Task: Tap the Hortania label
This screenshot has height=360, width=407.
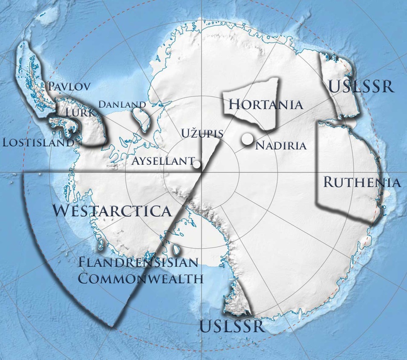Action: (266, 104)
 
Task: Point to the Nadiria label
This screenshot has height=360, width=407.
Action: (280, 146)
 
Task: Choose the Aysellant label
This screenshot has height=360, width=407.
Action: (163, 161)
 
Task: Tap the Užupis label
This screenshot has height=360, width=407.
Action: (202, 133)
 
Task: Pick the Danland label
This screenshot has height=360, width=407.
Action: (122, 104)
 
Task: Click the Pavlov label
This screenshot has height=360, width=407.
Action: (69, 86)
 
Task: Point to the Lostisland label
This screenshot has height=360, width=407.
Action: (38, 142)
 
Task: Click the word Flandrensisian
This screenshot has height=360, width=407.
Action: (138, 262)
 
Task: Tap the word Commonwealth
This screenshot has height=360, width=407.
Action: (141, 279)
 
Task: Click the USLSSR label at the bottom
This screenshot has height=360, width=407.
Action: (232, 327)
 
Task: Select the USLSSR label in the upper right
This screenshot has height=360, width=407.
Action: (361, 86)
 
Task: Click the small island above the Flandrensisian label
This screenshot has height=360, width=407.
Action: (176, 249)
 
